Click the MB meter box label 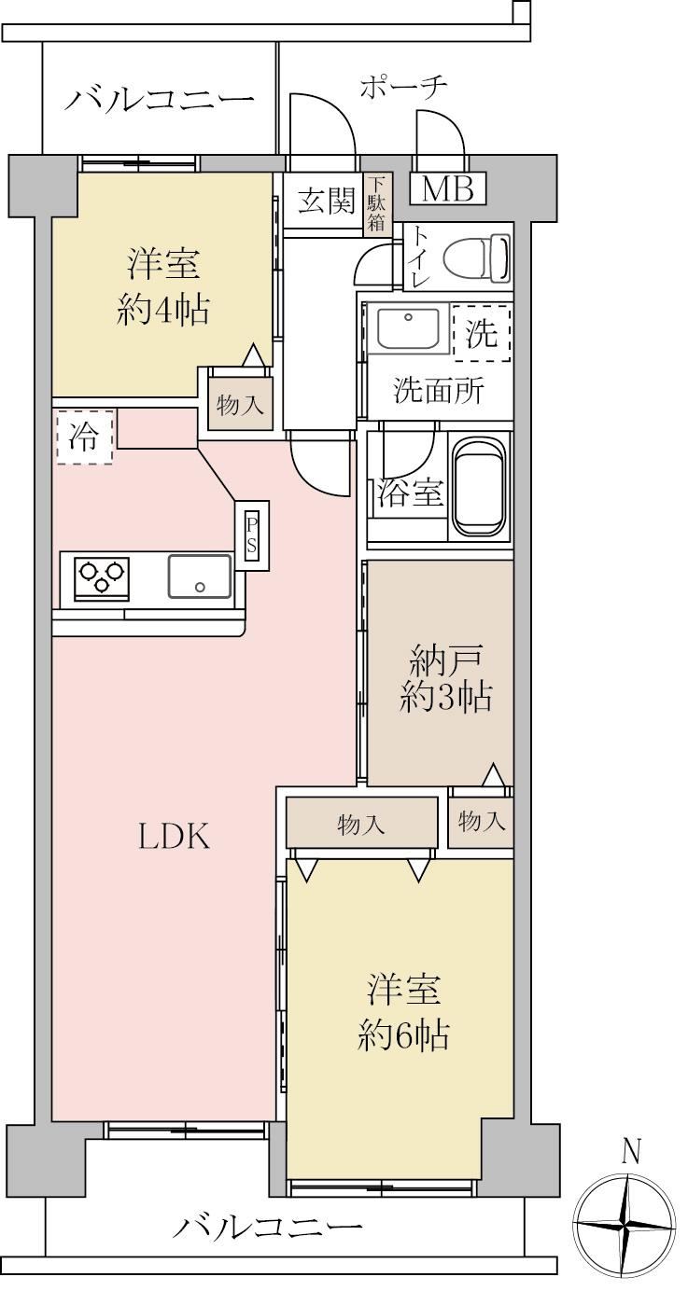click(x=447, y=187)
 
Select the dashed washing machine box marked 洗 click(x=482, y=333)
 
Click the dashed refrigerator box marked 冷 click(x=85, y=437)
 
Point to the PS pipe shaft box click(x=251, y=534)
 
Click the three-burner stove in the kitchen click(x=102, y=578)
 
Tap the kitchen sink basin click(x=200, y=576)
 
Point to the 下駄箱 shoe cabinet click(x=377, y=204)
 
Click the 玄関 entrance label click(x=327, y=201)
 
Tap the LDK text click(x=174, y=837)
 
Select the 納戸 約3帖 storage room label click(x=446, y=681)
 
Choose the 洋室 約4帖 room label click(x=163, y=287)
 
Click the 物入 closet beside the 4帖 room click(x=240, y=403)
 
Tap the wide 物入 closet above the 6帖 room click(x=361, y=823)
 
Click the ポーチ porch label click(x=403, y=89)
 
